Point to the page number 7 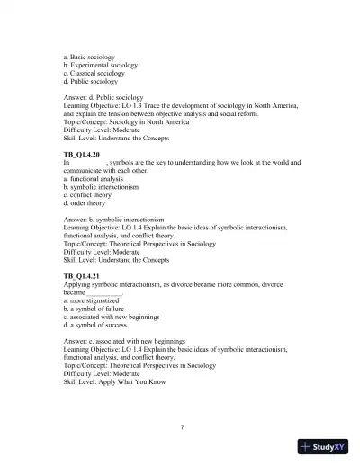[x=182, y=426]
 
